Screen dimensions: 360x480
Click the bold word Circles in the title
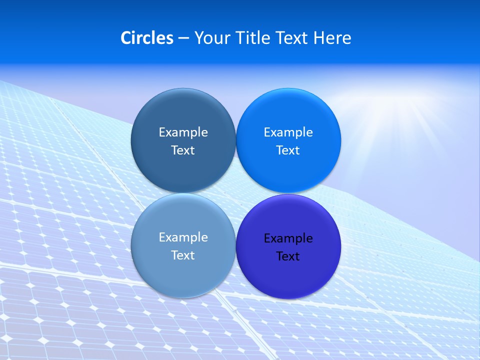coord(146,38)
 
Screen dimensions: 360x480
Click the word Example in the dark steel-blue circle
coord(183,132)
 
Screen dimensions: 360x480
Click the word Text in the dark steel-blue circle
coord(183,150)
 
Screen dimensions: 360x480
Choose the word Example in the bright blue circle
coord(288,132)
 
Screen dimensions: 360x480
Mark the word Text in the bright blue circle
coord(288,150)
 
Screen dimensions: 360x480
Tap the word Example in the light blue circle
coord(183,237)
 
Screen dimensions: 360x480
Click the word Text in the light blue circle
coord(183,255)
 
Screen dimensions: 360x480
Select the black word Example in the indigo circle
coord(288,238)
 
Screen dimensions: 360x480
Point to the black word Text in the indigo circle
coord(288,256)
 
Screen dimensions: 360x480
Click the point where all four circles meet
coord(235,193)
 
